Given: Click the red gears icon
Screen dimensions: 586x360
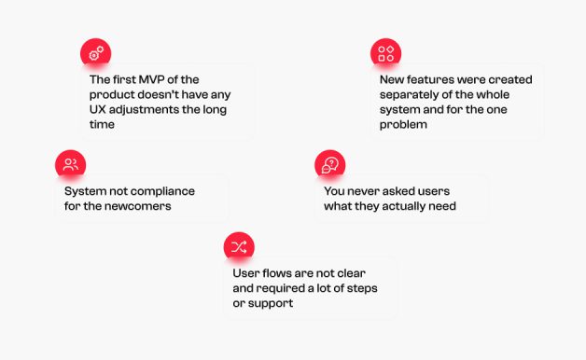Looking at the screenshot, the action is pyautogui.click(x=96, y=53).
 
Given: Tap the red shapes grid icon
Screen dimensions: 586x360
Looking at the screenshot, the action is pyautogui.click(x=385, y=53).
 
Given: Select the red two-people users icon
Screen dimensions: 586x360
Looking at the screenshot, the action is pyautogui.click(x=71, y=165).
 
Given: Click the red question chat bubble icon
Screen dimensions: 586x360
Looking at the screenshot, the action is pyautogui.click(x=330, y=165).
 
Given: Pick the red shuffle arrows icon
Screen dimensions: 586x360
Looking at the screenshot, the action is pyautogui.click(x=239, y=247).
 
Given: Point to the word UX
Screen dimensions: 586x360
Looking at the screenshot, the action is pyautogui.click(x=98, y=109).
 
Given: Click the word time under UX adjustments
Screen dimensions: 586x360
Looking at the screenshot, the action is pyautogui.click(x=102, y=124).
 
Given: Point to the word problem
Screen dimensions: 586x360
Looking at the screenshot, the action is pyautogui.click(x=403, y=125).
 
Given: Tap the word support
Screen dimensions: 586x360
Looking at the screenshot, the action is pyautogui.click(x=271, y=304).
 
